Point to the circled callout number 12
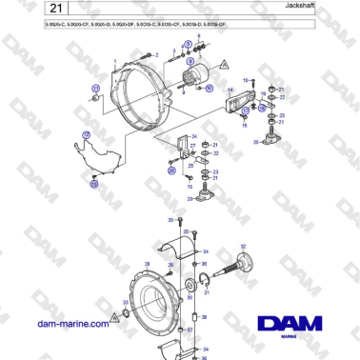93,184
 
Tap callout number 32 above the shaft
243,246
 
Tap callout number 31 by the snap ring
207,292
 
